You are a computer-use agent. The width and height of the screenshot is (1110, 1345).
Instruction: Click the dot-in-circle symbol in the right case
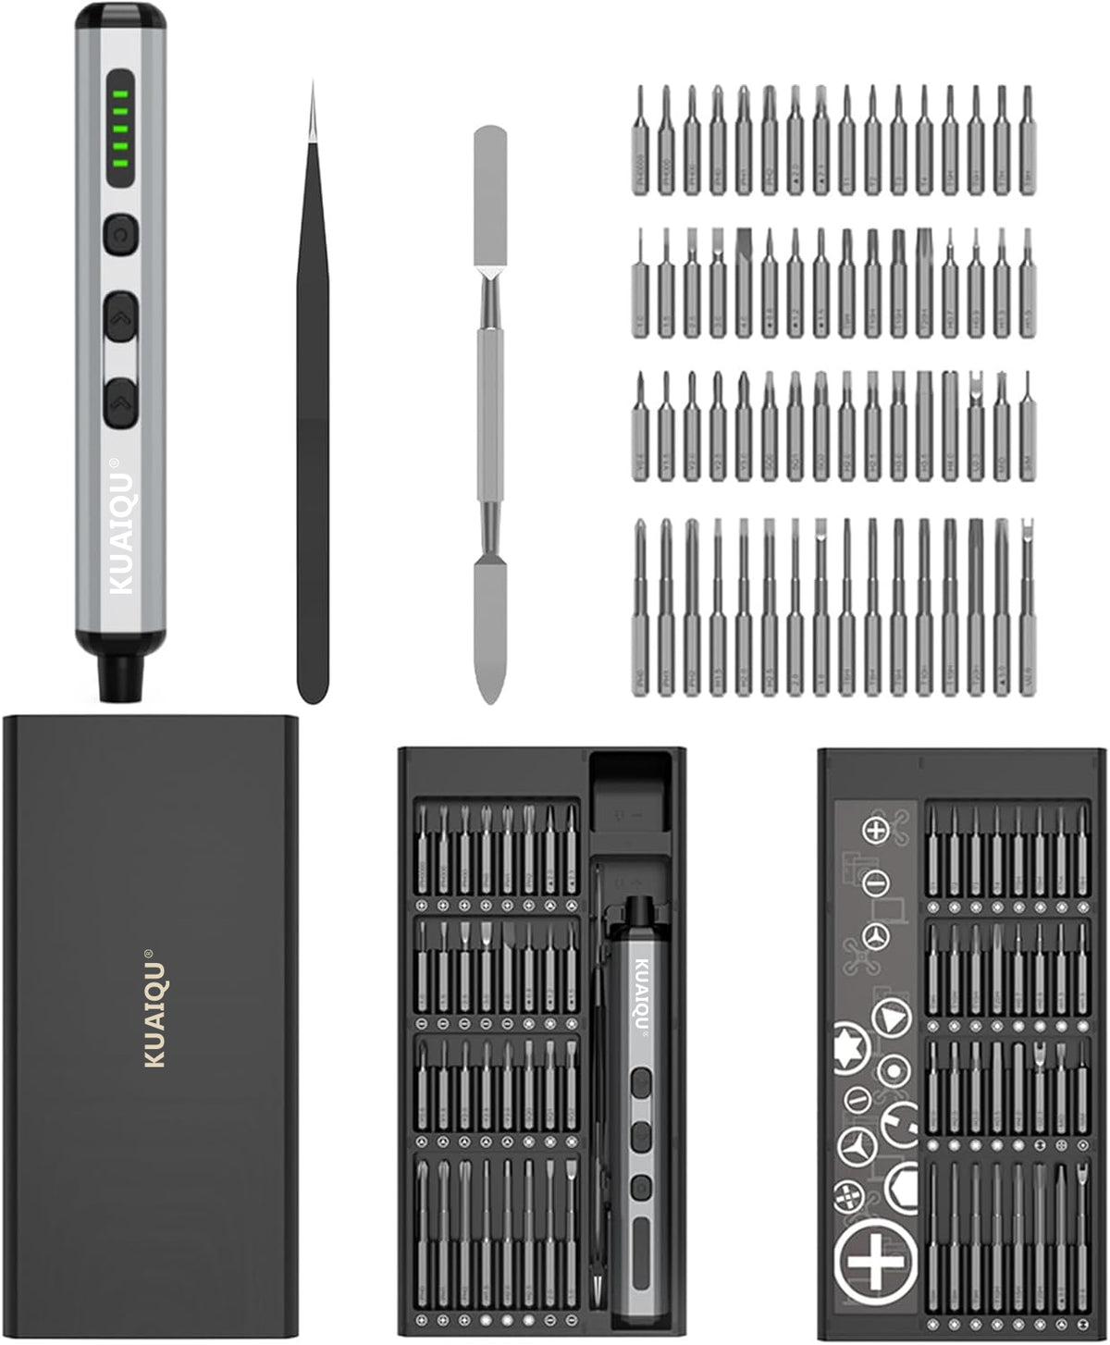pyautogui.click(x=892, y=1072)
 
